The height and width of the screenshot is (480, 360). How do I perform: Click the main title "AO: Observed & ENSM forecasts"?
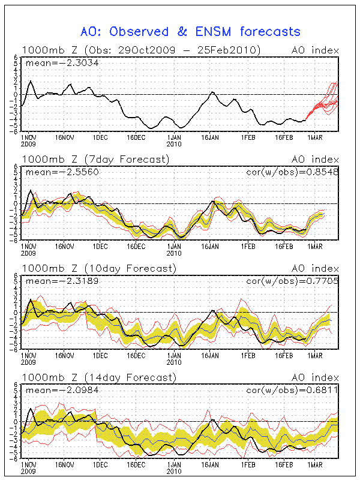pos(190,31)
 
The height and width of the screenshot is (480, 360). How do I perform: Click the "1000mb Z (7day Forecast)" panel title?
pos(95,159)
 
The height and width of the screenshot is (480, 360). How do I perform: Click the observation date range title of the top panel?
pos(142,50)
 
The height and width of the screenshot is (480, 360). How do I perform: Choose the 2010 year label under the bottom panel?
pos(174,472)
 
